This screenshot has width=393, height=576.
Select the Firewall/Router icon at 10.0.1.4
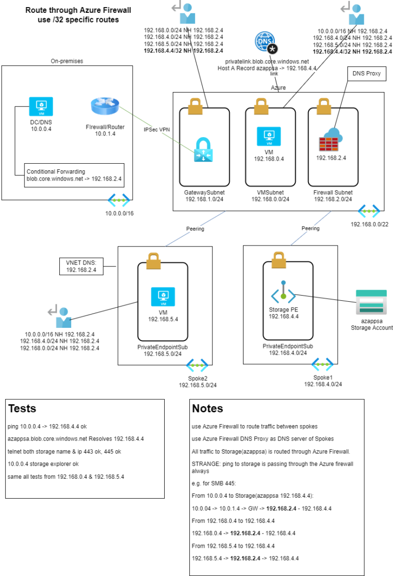pyautogui.click(x=105, y=106)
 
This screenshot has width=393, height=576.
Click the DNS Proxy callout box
pyautogui.click(x=366, y=74)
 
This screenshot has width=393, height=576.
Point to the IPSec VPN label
pyautogui.click(x=157, y=129)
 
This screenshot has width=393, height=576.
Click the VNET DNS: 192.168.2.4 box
pyautogui.click(x=81, y=265)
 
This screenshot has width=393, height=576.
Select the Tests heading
pyautogui.click(x=23, y=408)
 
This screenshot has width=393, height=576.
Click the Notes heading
pyautogui.click(x=207, y=408)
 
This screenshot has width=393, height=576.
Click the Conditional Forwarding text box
pyautogui.click(x=74, y=175)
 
